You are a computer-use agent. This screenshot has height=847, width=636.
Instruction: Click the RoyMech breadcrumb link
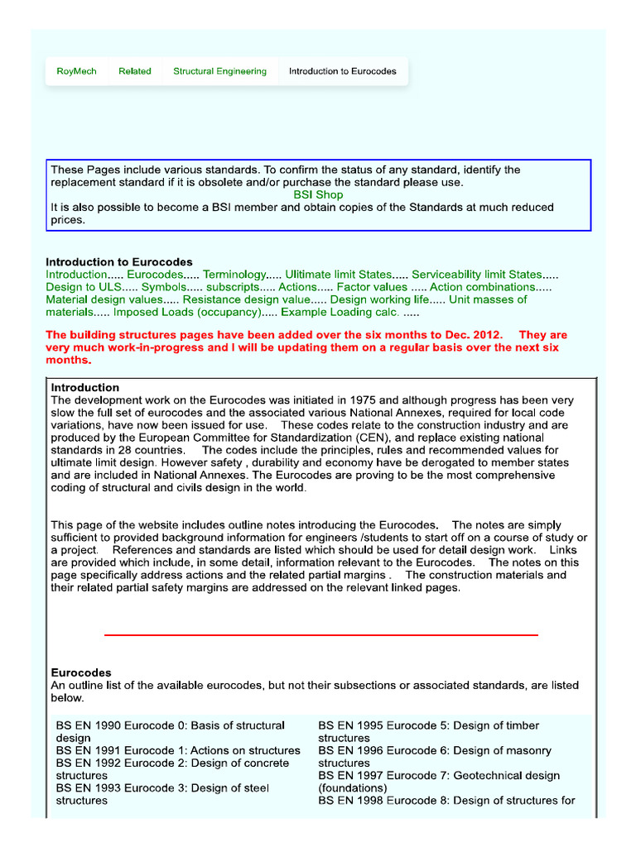tap(76, 71)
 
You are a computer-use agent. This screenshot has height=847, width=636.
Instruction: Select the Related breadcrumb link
tap(135, 71)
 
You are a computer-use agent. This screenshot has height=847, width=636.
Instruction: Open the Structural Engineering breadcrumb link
tap(219, 71)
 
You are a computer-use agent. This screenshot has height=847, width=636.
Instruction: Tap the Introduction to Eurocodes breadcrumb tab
tap(342, 71)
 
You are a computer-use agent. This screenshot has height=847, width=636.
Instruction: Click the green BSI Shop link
tap(318, 195)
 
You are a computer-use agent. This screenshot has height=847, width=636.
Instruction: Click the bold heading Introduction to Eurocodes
tap(118, 262)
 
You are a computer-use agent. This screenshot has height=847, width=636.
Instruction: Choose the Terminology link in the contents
tap(234, 275)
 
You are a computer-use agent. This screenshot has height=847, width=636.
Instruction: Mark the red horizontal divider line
tap(321, 634)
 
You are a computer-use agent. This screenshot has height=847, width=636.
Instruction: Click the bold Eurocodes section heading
tap(81, 672)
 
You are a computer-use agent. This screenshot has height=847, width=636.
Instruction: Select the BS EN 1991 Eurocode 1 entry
tap(178, 750)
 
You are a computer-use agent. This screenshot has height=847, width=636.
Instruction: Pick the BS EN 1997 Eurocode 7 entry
tap(439, 776)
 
